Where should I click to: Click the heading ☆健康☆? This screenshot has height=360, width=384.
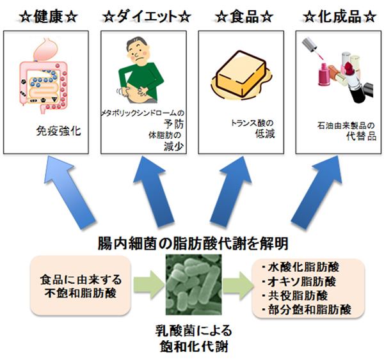[48, 13]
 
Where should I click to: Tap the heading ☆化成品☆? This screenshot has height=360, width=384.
[340, 13]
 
